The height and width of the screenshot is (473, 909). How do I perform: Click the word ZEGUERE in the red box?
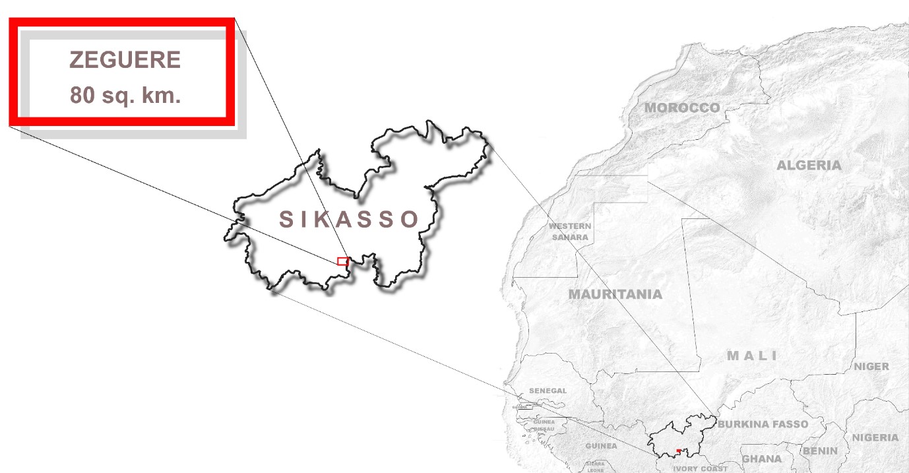[x=125, y=60]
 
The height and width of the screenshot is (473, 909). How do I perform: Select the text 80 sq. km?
[x=125, y=96]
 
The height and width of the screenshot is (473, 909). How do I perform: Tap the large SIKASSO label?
[x=349, y=219]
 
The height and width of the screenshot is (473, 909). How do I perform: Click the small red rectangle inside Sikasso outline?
[x=342, y=261]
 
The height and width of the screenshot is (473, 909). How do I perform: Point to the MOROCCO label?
[x=682, y=108]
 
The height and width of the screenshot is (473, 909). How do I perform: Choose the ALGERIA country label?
[x=809, y=165]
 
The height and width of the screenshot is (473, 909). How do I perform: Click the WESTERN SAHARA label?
[x=571, y=232]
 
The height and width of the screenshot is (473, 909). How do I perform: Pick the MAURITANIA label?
[x=615, y=294]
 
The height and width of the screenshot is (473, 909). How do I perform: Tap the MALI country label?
[x=752, y=356]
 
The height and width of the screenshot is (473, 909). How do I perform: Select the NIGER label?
[x=871, y=366]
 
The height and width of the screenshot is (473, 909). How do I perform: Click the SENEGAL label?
[x=548, y=391]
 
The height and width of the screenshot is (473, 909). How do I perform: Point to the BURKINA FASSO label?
[x=763, y=424]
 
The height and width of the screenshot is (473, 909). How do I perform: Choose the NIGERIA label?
[x=875, y=437]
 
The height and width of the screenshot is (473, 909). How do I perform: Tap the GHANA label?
[x=761, y=458]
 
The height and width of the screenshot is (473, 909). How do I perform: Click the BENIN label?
[x=819, y=451]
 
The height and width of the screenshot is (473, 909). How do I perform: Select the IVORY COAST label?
[x=700, y=468]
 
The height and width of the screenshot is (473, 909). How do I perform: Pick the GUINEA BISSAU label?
[x=544, y=426]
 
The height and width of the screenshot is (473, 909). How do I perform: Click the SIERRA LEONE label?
[x=595, y=466]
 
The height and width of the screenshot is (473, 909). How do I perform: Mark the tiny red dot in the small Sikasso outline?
[x=678, y=451]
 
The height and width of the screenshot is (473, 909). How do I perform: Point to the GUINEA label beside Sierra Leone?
[x=601, y=446]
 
